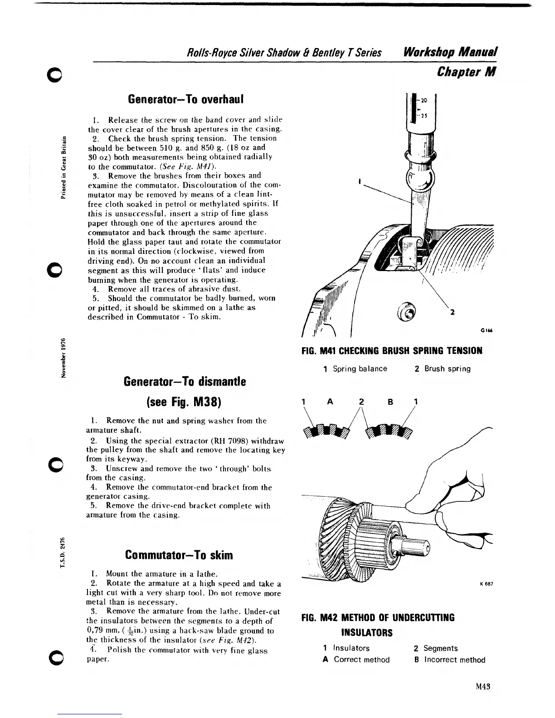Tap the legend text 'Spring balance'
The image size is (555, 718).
point(360,369)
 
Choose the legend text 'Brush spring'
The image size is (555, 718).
point(447,369)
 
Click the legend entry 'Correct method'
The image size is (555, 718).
point(361,660)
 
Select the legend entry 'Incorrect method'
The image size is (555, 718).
point(454,660)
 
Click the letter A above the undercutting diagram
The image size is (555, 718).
point(330,402)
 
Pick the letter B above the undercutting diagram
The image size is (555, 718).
point(389,402)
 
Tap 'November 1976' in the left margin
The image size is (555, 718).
point(64,357)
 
